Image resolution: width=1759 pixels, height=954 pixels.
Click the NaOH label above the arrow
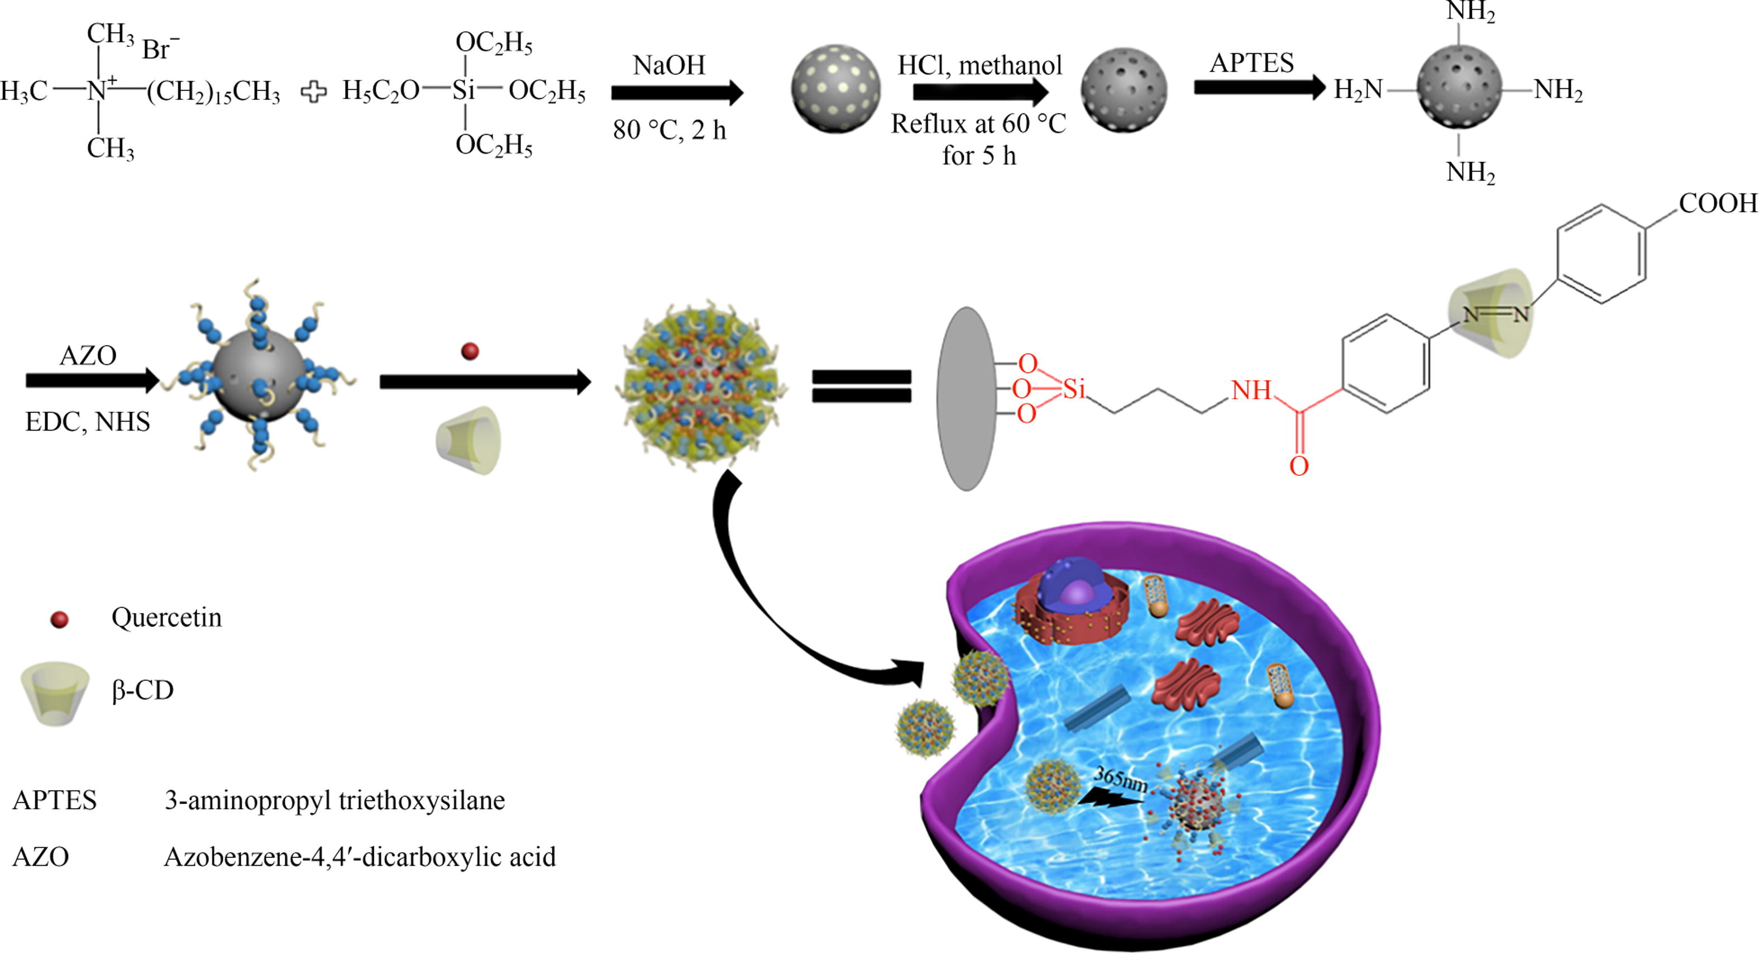(668, 65)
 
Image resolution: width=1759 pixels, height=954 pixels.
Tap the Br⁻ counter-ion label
(160, 49)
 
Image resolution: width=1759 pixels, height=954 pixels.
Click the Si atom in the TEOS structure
(463, 90)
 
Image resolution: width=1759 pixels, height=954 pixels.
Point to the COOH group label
(1717, 203)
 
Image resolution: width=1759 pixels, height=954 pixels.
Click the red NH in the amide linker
(1251, 390)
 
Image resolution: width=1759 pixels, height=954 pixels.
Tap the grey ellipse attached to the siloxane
(966, 398)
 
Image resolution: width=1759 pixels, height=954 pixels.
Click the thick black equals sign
(861, 386)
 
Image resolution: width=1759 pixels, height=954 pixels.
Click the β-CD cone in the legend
(55, 693)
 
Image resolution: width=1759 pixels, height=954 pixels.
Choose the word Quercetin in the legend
(166, 617)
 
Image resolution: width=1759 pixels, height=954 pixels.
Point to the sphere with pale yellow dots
(835, 89)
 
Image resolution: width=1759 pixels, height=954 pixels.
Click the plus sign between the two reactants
(313, 92)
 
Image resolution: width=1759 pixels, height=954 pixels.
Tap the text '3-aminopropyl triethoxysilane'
(334, 800)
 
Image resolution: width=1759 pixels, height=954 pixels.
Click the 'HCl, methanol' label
(979, 65)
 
